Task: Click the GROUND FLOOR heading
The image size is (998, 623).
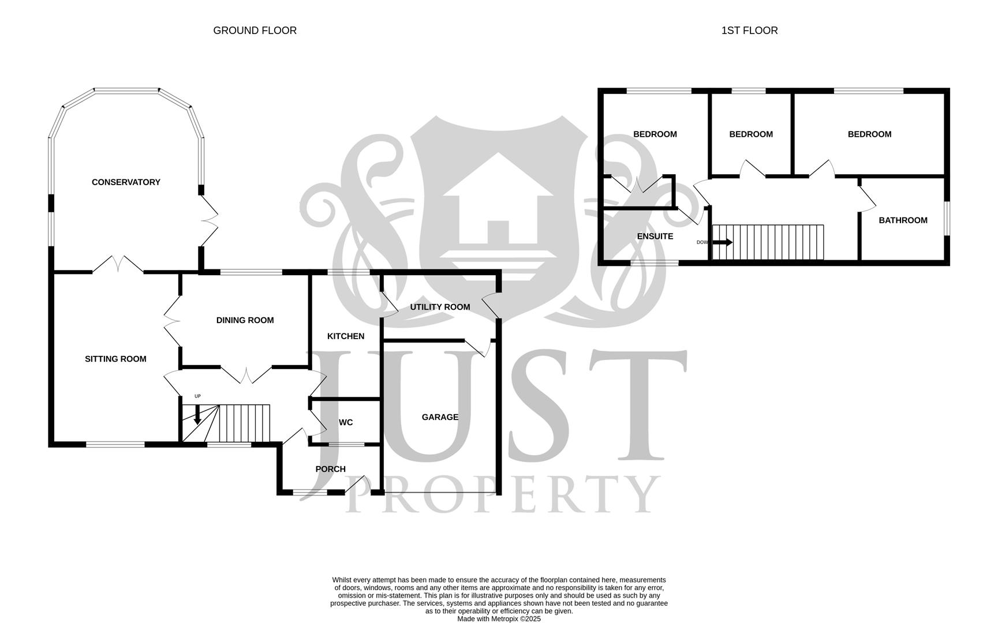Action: (255, 31)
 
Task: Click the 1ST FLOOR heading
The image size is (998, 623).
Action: (749, 31)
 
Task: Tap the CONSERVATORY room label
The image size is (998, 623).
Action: (126, 182)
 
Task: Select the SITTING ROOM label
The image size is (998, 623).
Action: (115, 359)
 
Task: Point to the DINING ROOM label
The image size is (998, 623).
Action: (245, 320)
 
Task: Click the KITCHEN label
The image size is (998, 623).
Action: (346, 336)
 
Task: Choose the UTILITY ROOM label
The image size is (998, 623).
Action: (440, 307)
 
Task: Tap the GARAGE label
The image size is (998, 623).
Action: (440, 417)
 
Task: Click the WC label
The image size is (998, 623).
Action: (346, 422)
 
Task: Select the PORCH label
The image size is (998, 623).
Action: (330, 469)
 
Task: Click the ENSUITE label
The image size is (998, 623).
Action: (655, 237)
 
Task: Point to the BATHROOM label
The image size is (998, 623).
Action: (903, 220)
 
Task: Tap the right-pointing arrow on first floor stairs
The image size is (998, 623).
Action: (722, 242)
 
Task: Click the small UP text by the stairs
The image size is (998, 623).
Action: (197, 396)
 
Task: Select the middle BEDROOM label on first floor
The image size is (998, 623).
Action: (750, 134)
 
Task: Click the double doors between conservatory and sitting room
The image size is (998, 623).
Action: (118, 265)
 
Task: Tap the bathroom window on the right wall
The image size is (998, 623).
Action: (947, 218)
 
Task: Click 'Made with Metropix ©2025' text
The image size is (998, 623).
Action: (499, 619)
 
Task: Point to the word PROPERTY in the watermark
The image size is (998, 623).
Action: (502, 495)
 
